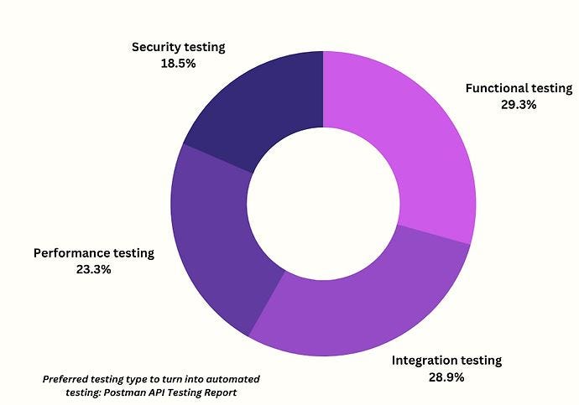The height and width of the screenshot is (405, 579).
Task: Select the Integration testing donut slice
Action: pyautogui.click(x=361, y=302)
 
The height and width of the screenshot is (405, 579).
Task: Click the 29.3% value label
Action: pyautogui.click(x=517, y=106)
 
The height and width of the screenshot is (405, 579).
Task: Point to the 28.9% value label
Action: pyautogui.click(x=446, y=378)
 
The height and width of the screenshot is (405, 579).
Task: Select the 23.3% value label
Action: pyautogui.click(x=94, y=270)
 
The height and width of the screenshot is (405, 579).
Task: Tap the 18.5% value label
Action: pyautogui.click(x=178, y=64)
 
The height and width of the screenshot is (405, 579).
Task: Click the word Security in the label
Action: pyautogui.click(x=157, y=47)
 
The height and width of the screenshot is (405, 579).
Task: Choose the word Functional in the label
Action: pyautogui.click(x=495, y=88)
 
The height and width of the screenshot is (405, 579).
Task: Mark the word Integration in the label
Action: pyautogui.click(x=425, y=361)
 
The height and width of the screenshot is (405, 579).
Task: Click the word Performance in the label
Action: pyautogui.click(x=72, y=252)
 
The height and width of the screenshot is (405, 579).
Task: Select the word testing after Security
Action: pyautogui.click(x=204, y=47)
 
